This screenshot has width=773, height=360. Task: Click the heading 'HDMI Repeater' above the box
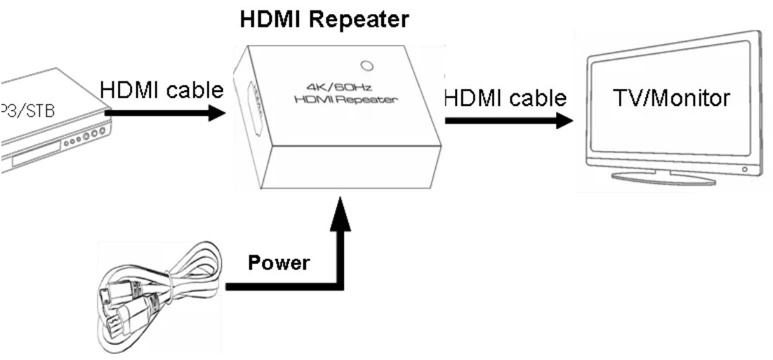tap(324, 20)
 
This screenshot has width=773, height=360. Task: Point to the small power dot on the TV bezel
tap(744, 169)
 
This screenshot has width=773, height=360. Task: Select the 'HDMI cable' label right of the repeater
tap(505, 98)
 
